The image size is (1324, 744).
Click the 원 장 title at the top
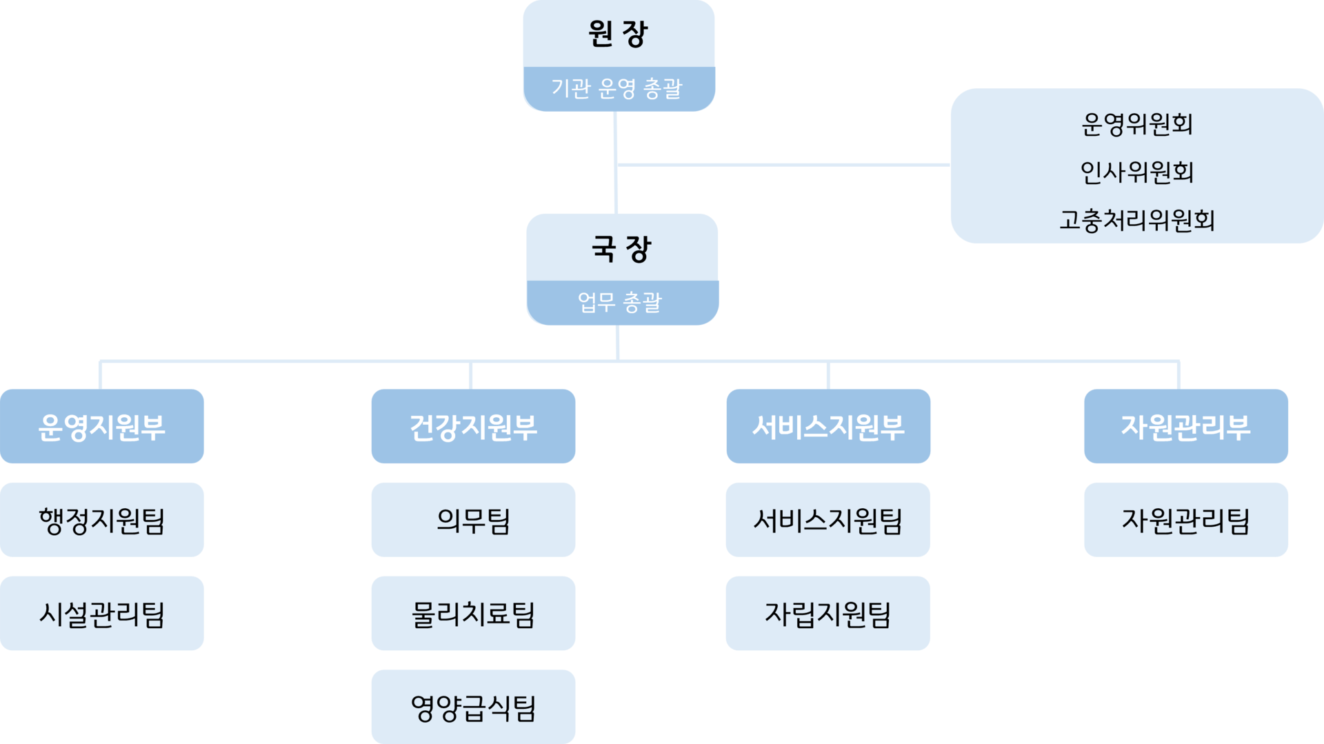pos(618,34)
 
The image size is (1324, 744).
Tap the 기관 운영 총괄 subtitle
pos(616,88)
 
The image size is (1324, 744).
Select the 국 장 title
pos(621,249)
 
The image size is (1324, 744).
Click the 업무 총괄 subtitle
pos(620,302)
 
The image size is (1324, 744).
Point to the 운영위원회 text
pos(1136,125)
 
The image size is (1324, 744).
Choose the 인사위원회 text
pos(1136,172)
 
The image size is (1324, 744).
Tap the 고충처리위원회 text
pos(1136,221)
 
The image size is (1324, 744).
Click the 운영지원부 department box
pos(102,427)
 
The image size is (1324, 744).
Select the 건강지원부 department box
pos(473,427)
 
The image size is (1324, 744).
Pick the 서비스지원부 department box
pos(828,427)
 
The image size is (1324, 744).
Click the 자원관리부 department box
pos(1185,427)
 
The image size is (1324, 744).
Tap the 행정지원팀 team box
pos(102,520)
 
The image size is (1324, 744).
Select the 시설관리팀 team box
pos(102,614)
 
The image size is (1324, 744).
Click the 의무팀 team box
pos(473,520)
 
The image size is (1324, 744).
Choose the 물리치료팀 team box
pos(473,614)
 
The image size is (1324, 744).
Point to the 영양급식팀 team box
pos(473,707)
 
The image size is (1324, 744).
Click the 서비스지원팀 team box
pos(828,520)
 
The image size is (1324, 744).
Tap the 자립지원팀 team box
pos(828,614)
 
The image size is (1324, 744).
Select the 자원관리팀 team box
pos(1185,520)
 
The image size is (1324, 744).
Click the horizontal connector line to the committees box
pos(783,165)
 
